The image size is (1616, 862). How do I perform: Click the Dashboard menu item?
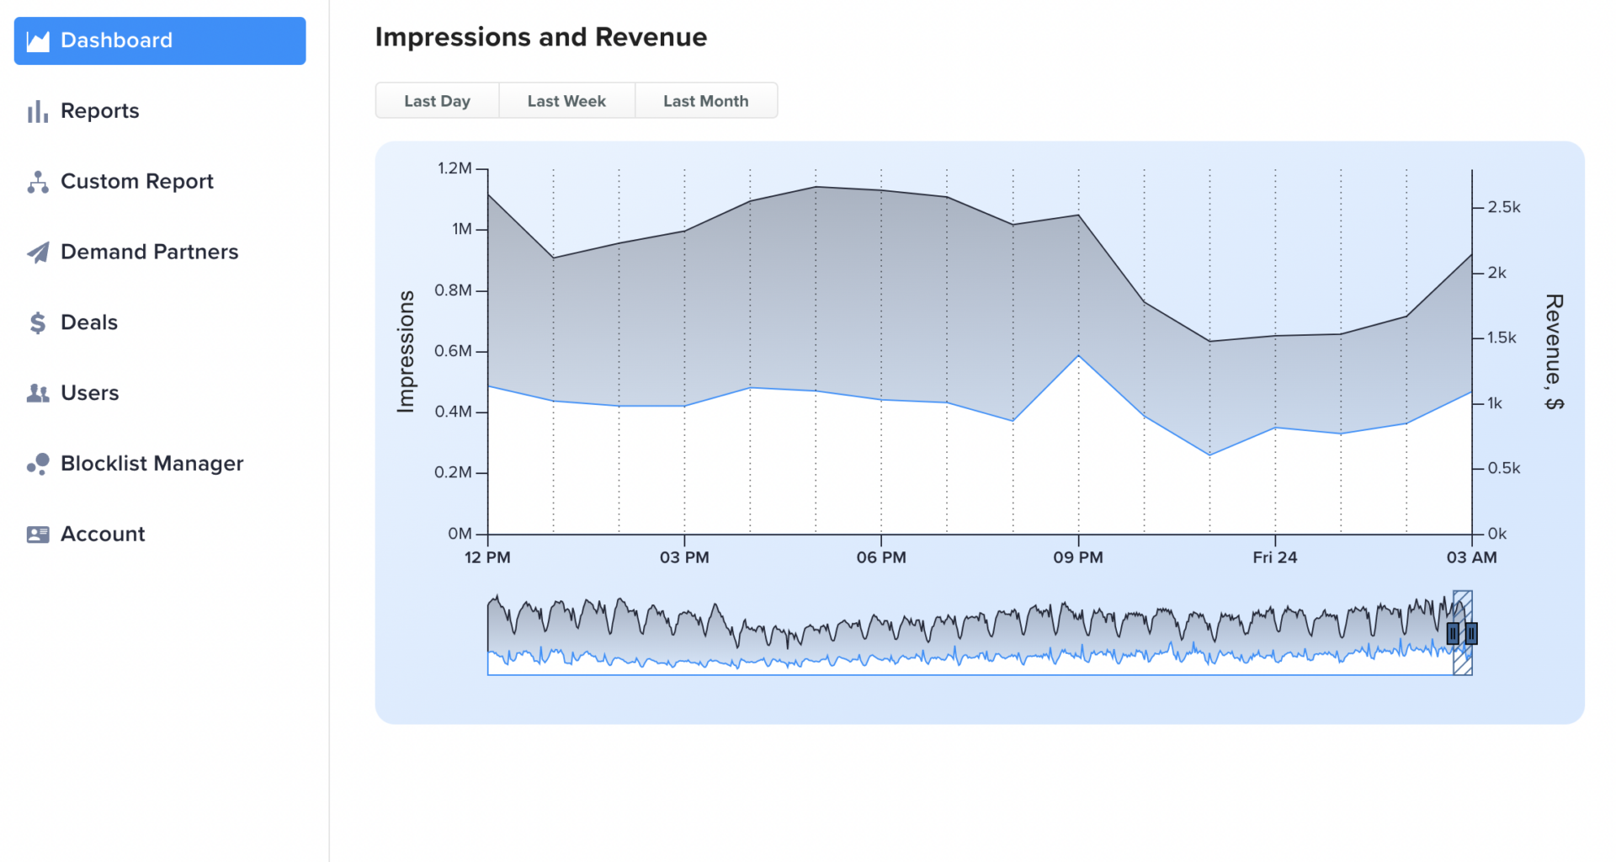click(160, 40)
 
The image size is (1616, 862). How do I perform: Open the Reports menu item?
click(99, 111)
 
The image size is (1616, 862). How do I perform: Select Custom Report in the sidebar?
click(136, 182)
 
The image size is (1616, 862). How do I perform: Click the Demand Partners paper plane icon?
click(38, 253)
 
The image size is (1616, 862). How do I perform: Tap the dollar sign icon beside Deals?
click(38, 323)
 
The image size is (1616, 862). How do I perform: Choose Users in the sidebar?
click(89, 393)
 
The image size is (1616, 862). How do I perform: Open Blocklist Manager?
click(151, 464)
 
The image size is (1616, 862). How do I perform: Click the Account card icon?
click(38, 535)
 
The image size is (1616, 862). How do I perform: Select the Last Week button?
click(566, 101)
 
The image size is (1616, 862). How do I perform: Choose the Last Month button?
click(705, 101)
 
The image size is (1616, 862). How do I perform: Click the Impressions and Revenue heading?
click(540, 37)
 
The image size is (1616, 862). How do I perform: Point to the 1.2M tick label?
click(454, 168)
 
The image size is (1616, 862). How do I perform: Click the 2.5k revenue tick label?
click(1504, 207)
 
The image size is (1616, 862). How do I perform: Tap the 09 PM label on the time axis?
click(1078, 557)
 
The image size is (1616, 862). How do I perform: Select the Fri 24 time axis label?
click(1274, 557)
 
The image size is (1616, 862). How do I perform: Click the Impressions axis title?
click(407, 351)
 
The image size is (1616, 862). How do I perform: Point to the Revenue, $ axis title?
click(1554, 351)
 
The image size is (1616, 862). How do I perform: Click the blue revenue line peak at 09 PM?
click(1078, 356)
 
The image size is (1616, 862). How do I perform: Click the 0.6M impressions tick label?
click(453, 351)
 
